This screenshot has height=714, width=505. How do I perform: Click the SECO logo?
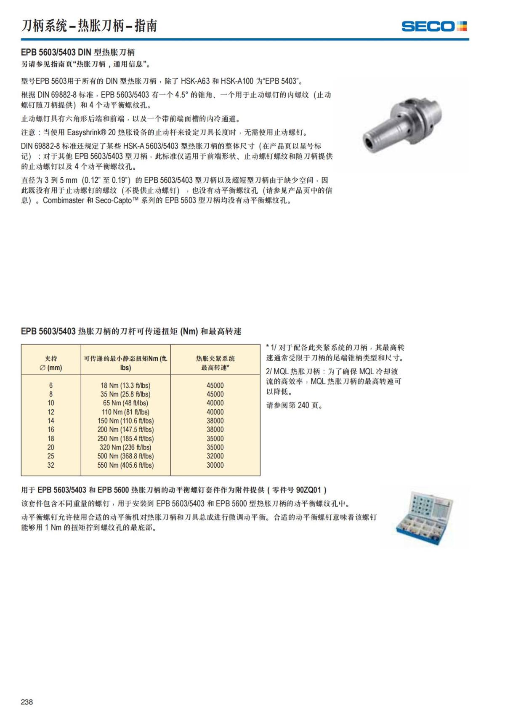434,26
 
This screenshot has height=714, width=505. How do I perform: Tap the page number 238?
27,702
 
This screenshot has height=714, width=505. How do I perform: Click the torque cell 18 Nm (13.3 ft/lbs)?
125,385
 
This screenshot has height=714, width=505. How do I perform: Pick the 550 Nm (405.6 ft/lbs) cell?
125,465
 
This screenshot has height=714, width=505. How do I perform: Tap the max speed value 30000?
215,465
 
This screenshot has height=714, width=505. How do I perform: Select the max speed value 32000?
215,456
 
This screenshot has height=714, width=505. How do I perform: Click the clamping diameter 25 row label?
51,456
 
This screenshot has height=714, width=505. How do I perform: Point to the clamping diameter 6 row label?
51,385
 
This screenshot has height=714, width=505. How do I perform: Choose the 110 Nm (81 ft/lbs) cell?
125,412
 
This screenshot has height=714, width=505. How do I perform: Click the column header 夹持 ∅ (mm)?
51,363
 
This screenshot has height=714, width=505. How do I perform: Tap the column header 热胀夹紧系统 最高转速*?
215,363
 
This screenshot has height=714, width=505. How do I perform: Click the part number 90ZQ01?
308,490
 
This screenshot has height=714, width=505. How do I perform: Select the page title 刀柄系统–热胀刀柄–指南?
89,26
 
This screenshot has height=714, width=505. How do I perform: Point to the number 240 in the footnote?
303,405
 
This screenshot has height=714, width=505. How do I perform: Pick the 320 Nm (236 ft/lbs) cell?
125,448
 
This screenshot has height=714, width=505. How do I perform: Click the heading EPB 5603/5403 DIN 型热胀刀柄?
78,52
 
